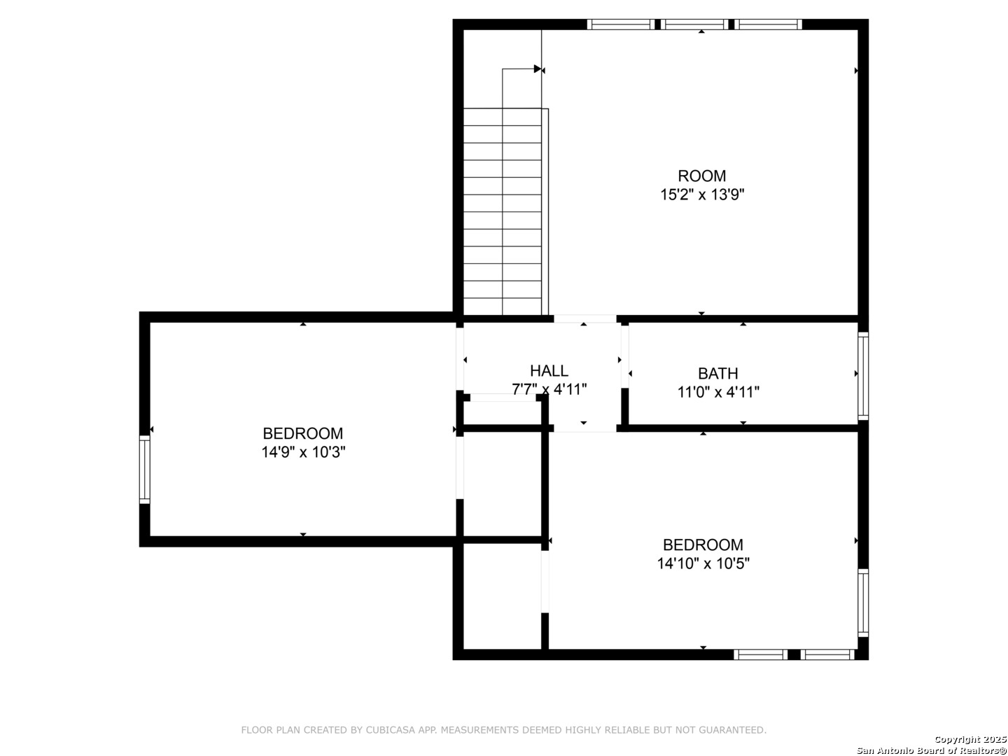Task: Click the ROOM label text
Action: point(701,176)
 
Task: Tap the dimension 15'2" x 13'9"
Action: point(701,195)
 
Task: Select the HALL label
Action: point(549,370)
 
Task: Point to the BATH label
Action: point(717,374)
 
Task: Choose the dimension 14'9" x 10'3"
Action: point(303,452)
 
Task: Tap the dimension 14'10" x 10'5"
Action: point(703,563)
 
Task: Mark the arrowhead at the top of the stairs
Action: point(538,69)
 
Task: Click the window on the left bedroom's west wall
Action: point(145,469)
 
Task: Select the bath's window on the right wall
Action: point(863,375)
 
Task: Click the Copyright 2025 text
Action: point(970,739)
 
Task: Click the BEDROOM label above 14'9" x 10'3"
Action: point(303,433)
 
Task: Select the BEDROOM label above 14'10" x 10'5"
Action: point(703,545)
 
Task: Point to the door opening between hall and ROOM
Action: point(584,318)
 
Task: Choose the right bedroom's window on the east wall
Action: point(863,603)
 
